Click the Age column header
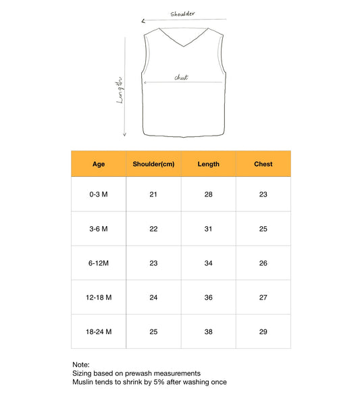[99, 164]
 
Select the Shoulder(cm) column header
[153, 164]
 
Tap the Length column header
[208, 164]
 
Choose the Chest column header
[263, 164]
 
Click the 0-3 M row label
[99, 194]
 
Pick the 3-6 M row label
[99, 229]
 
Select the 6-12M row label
[99, 263]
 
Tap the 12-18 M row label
[99, 297]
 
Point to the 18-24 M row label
[99, 331]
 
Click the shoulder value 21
[153, 194]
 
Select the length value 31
[208, 229]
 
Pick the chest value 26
[263, 263]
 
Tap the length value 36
[208, 297]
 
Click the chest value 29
[263, 331]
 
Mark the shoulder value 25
[153, 331]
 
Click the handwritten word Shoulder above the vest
[183, 13]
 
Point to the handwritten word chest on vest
[181, 78]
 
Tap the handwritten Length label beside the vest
[120, 88]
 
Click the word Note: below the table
[80, 364]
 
